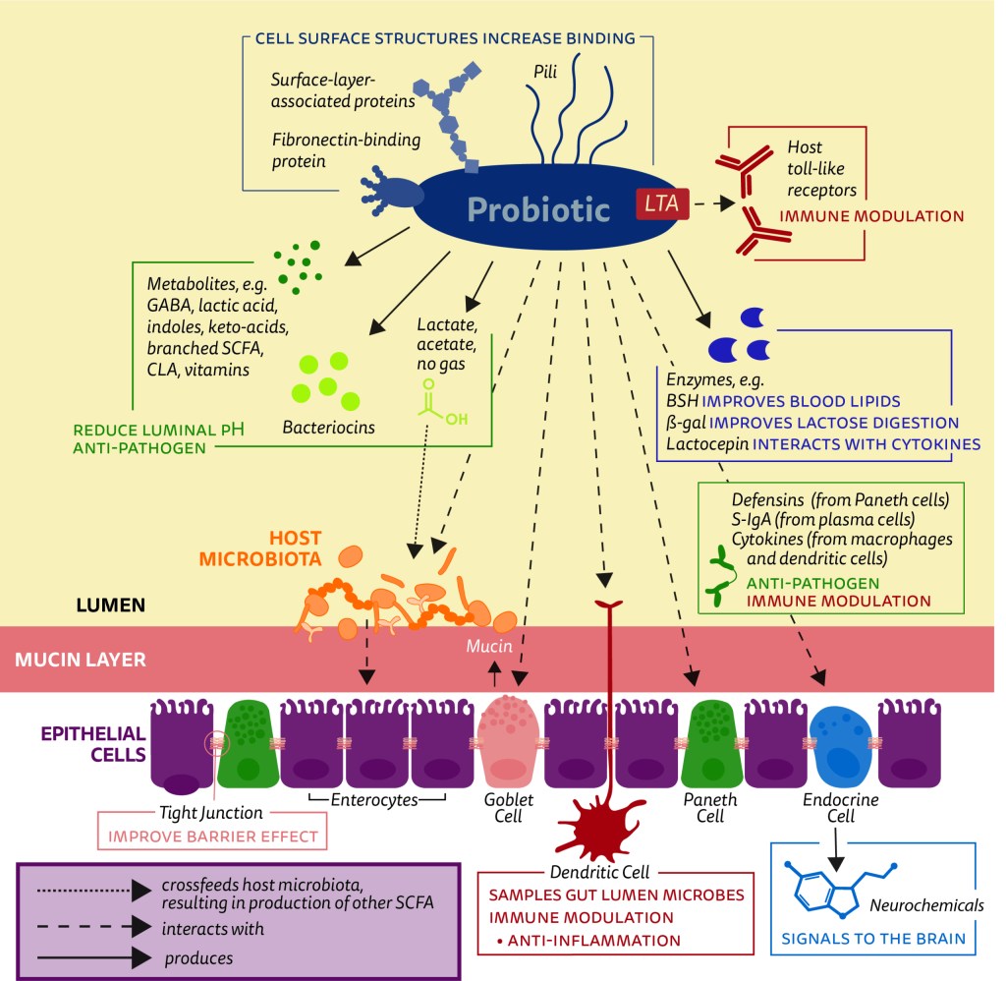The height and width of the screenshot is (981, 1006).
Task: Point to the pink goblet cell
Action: pos(509,739)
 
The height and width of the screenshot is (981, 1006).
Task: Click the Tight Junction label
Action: pos(210,813)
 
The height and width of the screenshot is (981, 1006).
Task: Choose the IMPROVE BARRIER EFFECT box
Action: pos(211,837)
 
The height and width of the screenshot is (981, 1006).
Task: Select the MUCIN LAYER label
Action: pos(81,659)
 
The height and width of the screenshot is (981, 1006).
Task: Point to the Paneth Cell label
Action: pos(710,808)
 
